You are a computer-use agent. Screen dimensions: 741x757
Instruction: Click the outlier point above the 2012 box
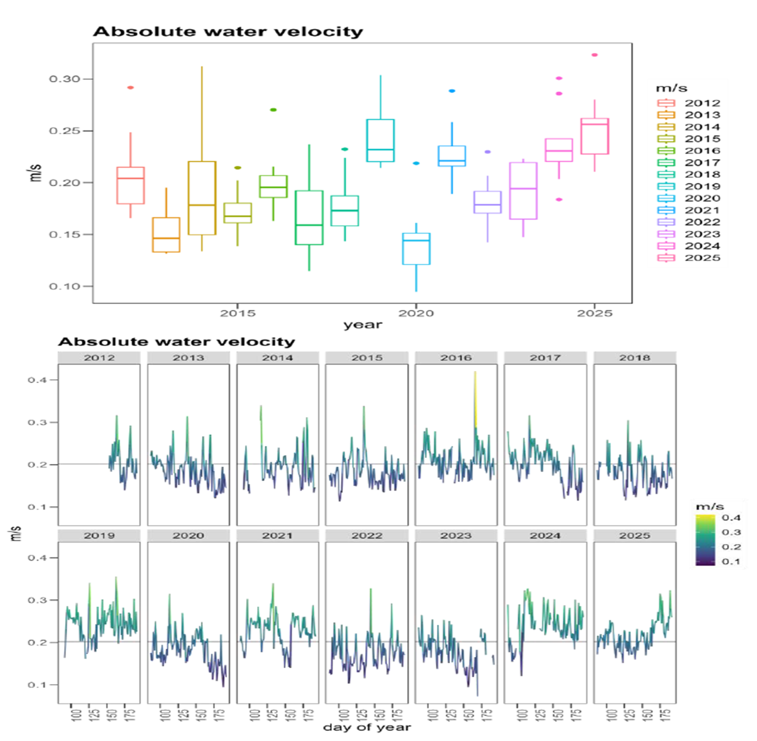click(130, 88)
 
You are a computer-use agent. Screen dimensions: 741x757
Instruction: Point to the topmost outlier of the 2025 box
click(594, 55)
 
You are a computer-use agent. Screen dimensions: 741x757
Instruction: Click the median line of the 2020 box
click(416, 240)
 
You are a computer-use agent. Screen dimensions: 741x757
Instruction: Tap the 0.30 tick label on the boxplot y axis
click(64, 79)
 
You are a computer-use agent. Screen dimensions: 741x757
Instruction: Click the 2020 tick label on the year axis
click(416, 313)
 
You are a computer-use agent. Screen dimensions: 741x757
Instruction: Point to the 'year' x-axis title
click(363, 325)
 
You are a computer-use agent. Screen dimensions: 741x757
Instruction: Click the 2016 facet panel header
click(456, 357)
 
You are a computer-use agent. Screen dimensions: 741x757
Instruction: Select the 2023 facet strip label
click(456, 535)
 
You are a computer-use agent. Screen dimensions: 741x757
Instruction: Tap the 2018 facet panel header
click(634, 357)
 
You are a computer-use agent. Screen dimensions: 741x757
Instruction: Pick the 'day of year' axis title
click(367, 727)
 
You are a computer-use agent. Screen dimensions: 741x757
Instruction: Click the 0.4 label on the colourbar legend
click(731, 517)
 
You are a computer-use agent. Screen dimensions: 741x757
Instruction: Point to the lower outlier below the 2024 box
click(559, 200)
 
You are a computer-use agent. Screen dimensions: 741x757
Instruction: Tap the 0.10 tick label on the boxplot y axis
click(64, 286)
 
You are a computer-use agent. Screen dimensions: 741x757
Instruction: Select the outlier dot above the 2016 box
click(273, 110)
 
